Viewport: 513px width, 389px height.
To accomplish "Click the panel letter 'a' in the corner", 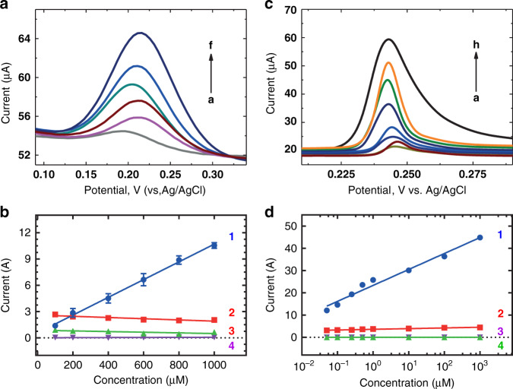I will [x=6, y=7].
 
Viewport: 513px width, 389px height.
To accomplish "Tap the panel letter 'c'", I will [x=265, y=7].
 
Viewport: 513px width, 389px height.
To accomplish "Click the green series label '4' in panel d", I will [x=501, y=345].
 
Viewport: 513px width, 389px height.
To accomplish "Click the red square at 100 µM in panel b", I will [x=55, y=314].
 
